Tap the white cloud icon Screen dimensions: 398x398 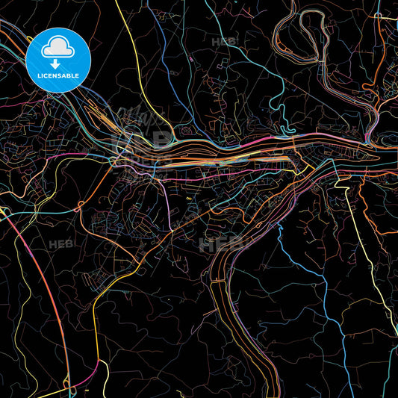[x=58, y=47]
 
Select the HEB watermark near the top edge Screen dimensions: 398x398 [x=223, y=43]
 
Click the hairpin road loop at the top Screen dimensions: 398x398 [x=302, y=41]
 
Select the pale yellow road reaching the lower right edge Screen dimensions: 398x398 [x=373, y=284]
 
